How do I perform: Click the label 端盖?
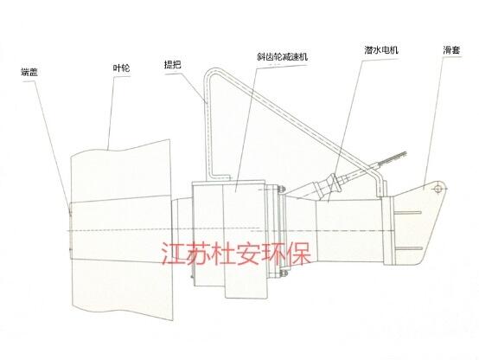[x=29, y=72]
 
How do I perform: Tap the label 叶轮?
[x=121, y=67]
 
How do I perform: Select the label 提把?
[x=173, y=65]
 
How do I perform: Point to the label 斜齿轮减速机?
[x=282, y=57]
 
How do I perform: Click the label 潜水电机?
[x=381, y=50]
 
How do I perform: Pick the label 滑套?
[x=452, y=50]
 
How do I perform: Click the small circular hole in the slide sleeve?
[x=437, y=189]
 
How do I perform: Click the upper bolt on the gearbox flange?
[x=281, y=190]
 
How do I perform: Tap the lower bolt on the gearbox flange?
[x=282, y=273]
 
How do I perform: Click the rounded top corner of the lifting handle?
[x=210, y=73]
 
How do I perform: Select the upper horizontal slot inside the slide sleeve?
[x=409, y=212]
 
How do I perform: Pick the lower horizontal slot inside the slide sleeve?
[x=409, y=249]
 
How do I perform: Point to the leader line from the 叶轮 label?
[x=112, y=112]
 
